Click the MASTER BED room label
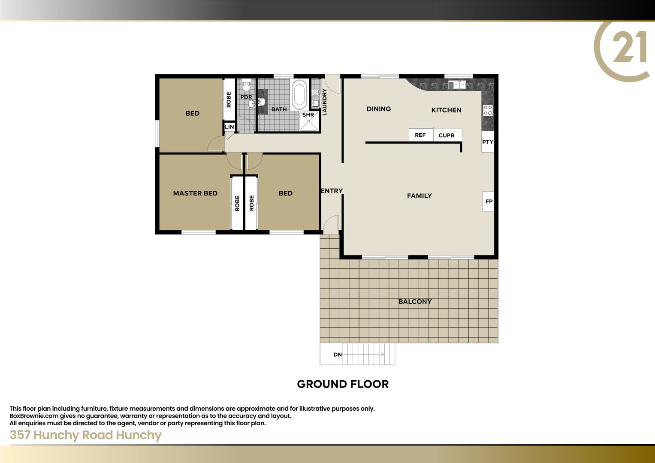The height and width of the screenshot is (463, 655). (x=195, y=193)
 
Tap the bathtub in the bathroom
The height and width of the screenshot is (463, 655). (x=299, y=93)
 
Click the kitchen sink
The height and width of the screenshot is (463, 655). (x=457, y=85)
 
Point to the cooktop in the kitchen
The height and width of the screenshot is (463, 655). (x=488, y=110)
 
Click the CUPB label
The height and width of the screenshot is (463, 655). (x=447, y=135)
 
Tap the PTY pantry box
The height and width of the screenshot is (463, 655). (x=488, y=142)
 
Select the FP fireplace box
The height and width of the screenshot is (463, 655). (x=488, y=201)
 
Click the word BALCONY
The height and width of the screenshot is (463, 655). (x=415, y=301)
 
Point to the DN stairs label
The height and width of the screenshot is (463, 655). (x=338, y=355)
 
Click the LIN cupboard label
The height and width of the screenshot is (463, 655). (x=229, y=127)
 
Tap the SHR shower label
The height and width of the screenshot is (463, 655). (x=308, y=114)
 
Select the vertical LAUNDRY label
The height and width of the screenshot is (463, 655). (x=324, y=102)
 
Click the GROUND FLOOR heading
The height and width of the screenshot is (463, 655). (x=343, y=384)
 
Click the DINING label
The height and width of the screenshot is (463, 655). (x=379, y=109)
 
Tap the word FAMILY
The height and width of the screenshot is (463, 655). (x=420, y=196)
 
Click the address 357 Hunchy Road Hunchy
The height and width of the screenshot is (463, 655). (x=85, y=435)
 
